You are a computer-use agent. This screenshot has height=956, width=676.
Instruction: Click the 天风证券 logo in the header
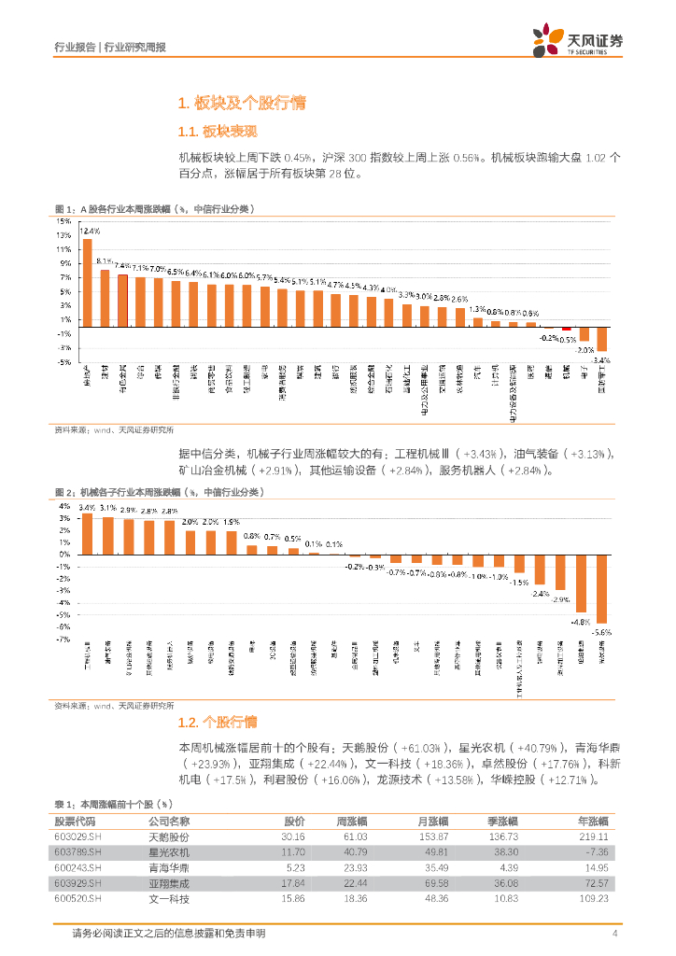point(577,41)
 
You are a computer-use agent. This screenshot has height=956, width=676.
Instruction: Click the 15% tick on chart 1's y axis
point(64,221)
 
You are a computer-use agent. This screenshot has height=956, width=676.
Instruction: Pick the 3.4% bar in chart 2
point(87,533)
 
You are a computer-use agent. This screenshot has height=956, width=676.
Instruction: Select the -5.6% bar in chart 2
point(602,588)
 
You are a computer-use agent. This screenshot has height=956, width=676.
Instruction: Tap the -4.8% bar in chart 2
point(581,583)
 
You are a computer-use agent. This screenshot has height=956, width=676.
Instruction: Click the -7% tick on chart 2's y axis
point(64,640)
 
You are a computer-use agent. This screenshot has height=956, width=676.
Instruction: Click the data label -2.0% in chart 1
point(584,349)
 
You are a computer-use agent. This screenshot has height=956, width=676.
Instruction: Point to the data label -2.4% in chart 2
point(540,593)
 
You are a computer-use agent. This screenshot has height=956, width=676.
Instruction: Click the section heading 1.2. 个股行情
point(217,723)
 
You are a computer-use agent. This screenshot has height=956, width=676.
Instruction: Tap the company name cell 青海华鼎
point(169,867)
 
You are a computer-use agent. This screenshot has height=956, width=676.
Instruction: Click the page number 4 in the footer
point(614,934)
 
